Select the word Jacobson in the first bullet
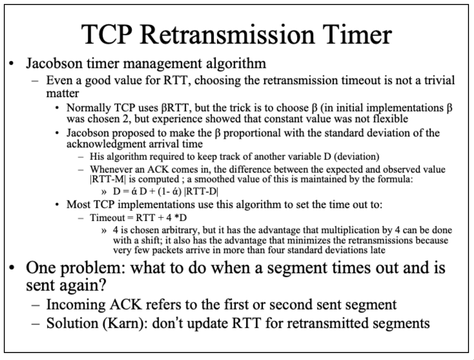tap(54, 63)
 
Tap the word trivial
tap(439, 80)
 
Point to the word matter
tap(63, 93)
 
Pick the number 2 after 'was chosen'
tap(125, 119)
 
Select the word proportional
tap(252, 133)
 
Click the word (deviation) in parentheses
tap(356, 156)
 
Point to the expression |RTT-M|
tap(108, 180)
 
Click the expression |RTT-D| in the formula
tap(201, 191)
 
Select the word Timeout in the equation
tap(107, 218)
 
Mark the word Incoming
tap(76, 305)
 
